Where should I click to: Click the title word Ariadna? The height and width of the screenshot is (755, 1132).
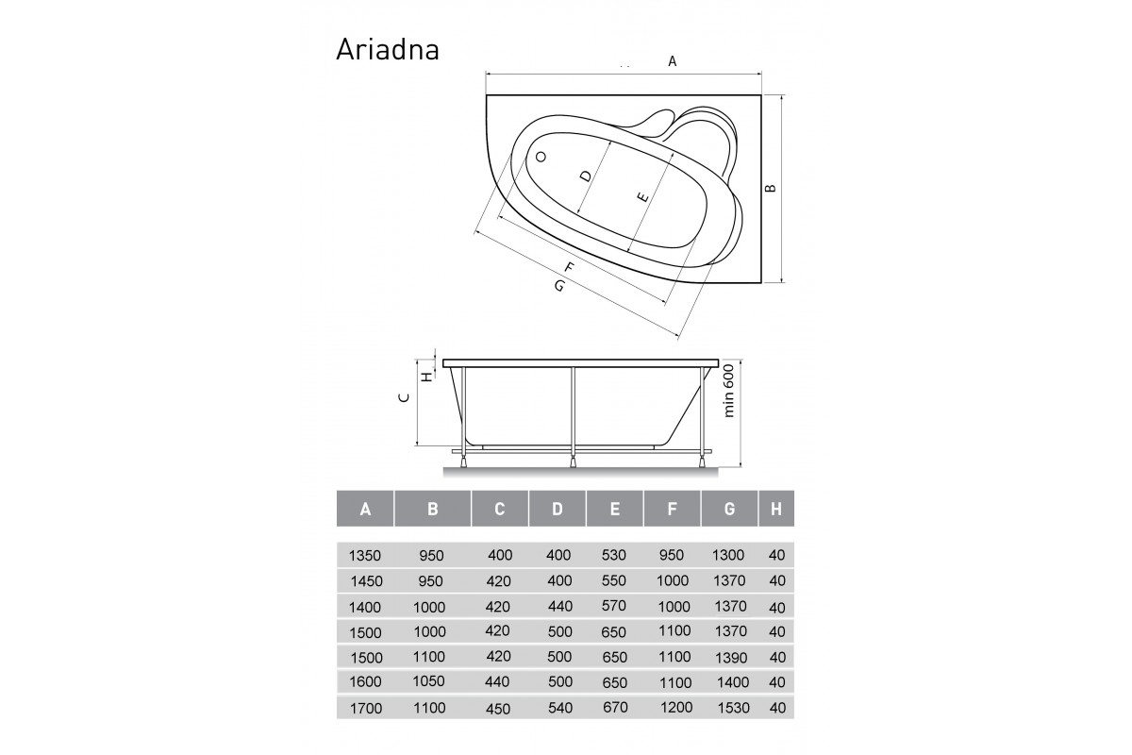pyautogui.click(x=387, y=49)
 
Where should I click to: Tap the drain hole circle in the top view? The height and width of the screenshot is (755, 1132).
pyautogui.click(x=541, y=158)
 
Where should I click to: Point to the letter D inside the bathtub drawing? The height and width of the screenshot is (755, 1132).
pyautogui.click(x=585, y=176)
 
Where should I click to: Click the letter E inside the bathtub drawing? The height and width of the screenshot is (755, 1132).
pyautogui.click(x=642, y=198)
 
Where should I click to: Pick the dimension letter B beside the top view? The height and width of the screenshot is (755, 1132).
pyautogui.click(x=771, y=188)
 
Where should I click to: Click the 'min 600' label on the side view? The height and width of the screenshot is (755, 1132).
pyautogui.click(x=728, y=392)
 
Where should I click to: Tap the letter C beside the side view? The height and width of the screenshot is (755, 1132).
pyautogui.click(x=404, y=398)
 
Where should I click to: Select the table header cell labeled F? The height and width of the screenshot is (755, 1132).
pyautogui.click(x=672, y=509)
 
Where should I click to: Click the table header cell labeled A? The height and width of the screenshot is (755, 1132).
pyautogui.click(x=365, y=509)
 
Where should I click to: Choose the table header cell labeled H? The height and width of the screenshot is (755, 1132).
pyautogui.click(x=776, y=509)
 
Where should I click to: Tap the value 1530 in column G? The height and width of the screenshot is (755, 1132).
pyautogui.click(x=731, y=708)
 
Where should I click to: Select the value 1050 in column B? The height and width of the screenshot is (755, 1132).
pyautogui.click(x=430, y=681)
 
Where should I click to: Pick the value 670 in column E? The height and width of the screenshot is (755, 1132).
pyautogui.click(x=613, y=708)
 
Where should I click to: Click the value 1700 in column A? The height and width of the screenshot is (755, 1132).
pyautogui.click(x=366, y=708)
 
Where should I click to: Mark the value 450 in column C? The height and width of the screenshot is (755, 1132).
pyautogui.click(x=500, y=708)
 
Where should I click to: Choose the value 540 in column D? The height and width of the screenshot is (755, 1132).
pyautogui.click(x=558, y=708)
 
